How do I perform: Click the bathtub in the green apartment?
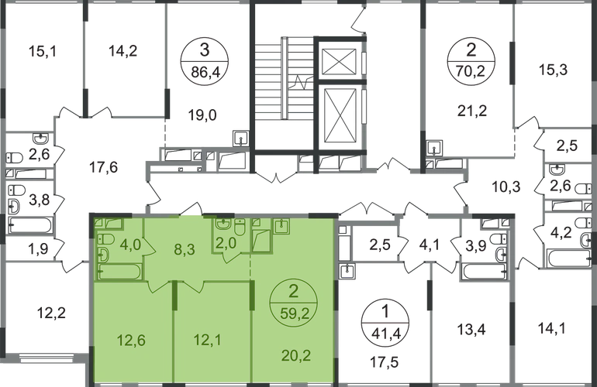[120, 272]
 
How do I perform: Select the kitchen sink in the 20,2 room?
[281, 225]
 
